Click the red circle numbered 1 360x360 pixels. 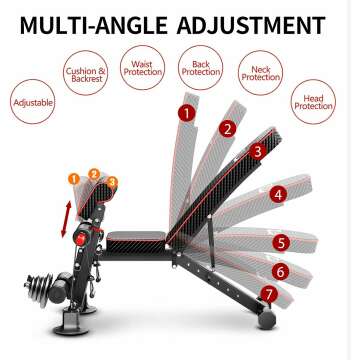tap(186, 113)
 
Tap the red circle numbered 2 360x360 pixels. tap(229, 128)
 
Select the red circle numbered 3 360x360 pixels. tap(258, 151)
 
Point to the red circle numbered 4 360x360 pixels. tap(279, 195)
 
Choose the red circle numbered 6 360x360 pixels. tap(280, 270)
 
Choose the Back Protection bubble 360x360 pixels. tap(201, 67)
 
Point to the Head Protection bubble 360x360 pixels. tap(312, 101)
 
